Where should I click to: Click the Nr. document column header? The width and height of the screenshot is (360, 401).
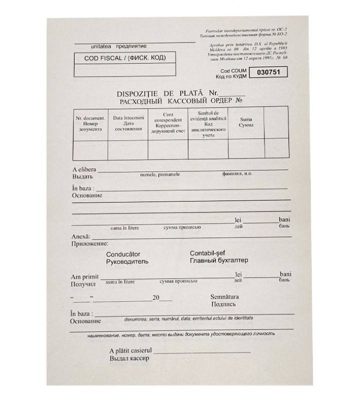(90, 123)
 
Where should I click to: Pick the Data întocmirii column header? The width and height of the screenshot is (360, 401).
(128, 123)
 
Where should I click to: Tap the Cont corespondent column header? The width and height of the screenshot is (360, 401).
(168, 123)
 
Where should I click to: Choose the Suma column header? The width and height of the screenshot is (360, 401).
(246, 122)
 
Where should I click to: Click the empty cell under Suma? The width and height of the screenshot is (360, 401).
(246, 149)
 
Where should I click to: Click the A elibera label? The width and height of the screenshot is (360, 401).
(84, 169)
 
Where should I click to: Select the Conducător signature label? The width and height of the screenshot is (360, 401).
(123, 255)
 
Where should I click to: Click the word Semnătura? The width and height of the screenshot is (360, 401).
(225, 297)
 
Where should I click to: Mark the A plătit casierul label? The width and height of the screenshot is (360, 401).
(131, 350)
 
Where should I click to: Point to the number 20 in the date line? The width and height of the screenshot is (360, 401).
(156, 298)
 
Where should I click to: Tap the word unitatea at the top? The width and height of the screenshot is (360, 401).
(103, 46)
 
